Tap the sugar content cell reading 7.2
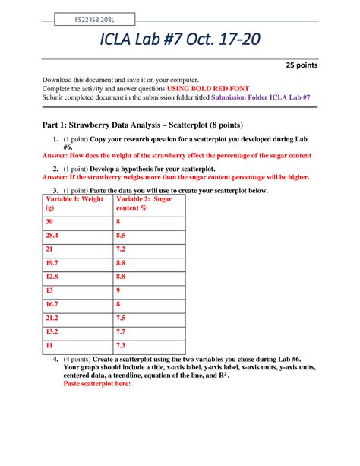point(121,249)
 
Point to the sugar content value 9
point(118,290)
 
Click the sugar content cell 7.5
point(121,318)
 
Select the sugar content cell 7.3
point(121,345)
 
